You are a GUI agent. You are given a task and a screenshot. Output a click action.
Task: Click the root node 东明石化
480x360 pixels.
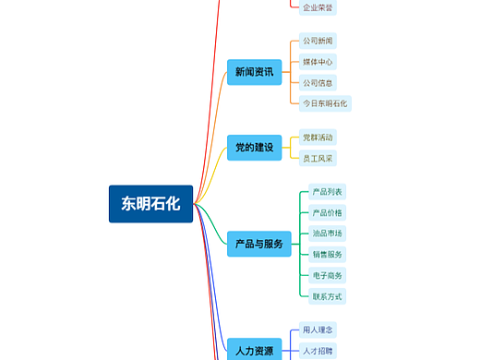(150, 204)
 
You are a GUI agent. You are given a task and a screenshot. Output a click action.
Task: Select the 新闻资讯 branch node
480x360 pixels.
(254, 72)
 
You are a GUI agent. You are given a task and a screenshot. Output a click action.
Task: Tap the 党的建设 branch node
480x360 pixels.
(254, 148)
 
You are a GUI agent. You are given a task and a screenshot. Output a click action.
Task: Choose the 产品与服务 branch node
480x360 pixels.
(259, 245)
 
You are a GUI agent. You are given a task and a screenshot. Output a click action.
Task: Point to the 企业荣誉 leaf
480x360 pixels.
(318, 7)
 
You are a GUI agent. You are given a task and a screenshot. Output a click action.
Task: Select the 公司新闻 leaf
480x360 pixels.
(318, 42)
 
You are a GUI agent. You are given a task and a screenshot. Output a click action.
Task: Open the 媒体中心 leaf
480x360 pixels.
(318, 62)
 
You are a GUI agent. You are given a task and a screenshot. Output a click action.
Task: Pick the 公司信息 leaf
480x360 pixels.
(318, 82)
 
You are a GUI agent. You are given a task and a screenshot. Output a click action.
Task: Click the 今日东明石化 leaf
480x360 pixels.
(326, 103)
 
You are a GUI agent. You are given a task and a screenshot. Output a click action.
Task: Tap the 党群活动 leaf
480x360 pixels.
(318, 138)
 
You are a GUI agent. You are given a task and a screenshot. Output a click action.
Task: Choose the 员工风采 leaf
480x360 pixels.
(318, 159)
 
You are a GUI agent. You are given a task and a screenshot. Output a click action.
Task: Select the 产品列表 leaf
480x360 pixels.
(328, 192)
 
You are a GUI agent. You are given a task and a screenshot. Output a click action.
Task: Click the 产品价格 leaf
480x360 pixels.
(328, 212)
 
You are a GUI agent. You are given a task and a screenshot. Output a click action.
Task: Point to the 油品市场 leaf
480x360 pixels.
(328, 234)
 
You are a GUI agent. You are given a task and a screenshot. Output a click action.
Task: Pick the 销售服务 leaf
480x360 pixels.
(328, 255)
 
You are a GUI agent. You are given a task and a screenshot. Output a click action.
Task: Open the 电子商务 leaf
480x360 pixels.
(328, 275)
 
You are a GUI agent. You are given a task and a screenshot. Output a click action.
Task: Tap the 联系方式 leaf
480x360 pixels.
(328, 296)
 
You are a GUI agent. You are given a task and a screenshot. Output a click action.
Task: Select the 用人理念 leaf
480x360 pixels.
(318, 330)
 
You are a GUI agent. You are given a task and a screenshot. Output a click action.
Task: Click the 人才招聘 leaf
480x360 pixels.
(318, 351)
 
